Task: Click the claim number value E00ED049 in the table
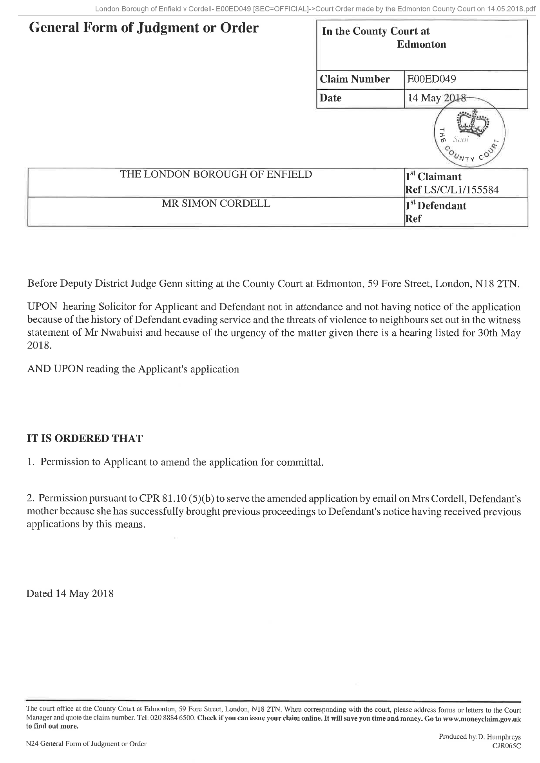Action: click(431, 80)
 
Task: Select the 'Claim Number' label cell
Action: click(355, 80)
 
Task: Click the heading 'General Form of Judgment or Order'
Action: click(143, 28)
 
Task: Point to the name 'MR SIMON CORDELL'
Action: click(216, 204)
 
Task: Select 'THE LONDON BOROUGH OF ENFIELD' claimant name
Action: click(216, 174)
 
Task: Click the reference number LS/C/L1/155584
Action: click(458, 190)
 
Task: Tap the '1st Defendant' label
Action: click(436, 206)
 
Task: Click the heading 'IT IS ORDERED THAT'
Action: click(85, 438)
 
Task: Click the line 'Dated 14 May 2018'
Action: click(70, 593)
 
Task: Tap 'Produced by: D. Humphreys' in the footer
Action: click(480, 737)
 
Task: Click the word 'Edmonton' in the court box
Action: click(421, 44)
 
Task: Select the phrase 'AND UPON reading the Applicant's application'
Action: click(133, 369)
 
